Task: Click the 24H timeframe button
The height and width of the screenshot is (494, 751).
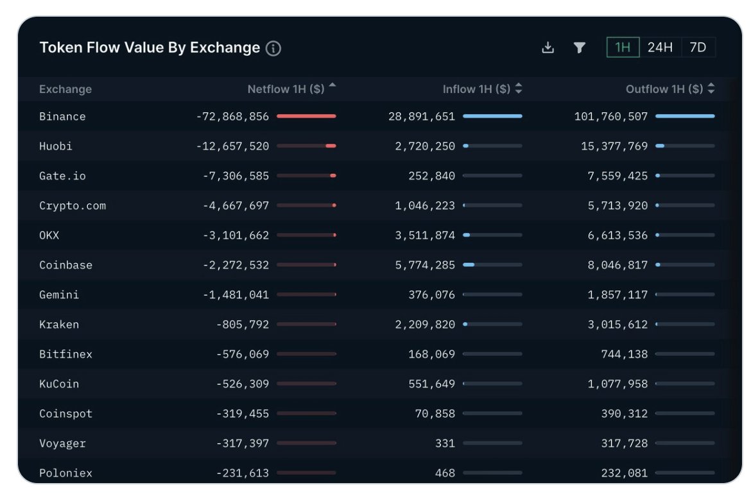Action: pos(660,47)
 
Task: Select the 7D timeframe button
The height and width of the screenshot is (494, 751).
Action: pos(698,47)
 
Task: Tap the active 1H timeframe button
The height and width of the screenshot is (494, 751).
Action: pos(623,47)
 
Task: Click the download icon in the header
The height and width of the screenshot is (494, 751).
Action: pos(548,47)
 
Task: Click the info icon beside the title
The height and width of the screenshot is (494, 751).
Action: pos(273,48)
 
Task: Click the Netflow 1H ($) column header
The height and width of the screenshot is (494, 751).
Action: pos(286,89)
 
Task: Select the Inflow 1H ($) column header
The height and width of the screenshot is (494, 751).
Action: pos(476,89)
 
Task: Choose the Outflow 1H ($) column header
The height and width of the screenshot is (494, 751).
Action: pos(664,89)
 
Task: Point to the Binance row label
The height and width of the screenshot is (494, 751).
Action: pos(62,117)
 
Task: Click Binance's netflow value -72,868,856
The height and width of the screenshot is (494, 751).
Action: pos(232,117)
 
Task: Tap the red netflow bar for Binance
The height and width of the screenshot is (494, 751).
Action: pos(306,116)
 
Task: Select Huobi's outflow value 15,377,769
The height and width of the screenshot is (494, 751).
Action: pos(614,146)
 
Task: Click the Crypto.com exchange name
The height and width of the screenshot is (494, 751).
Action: pos(72,206)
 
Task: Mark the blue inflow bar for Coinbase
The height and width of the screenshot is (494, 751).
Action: pos(469,265)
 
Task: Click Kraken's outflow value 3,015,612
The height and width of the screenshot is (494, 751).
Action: pos(617,325)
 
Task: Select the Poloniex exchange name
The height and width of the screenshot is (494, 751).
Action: pos(65,473)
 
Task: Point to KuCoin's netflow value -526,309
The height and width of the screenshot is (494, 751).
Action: pos(243,384)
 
